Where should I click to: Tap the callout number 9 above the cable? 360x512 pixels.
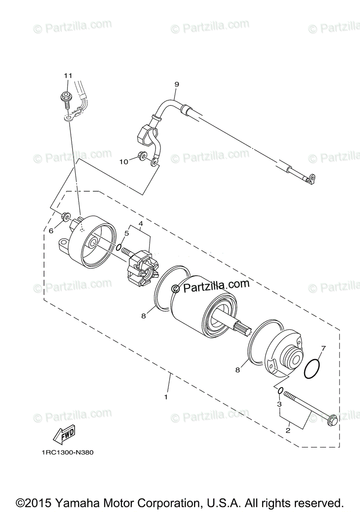(176, 84)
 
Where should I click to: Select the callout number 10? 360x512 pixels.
(123, 162)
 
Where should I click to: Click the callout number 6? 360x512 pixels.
(51, 230)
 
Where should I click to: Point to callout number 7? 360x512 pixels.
(323, 349)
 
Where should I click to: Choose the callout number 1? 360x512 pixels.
(166, 397)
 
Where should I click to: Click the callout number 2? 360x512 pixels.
(288, 431)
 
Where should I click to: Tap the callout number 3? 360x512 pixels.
(279, 404)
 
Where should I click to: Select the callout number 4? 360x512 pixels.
(140, 223)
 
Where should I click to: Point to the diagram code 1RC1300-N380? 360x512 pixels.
(67, 453)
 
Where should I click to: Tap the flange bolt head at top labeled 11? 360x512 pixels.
(67, 95)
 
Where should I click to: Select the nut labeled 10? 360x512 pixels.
(142, 157)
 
